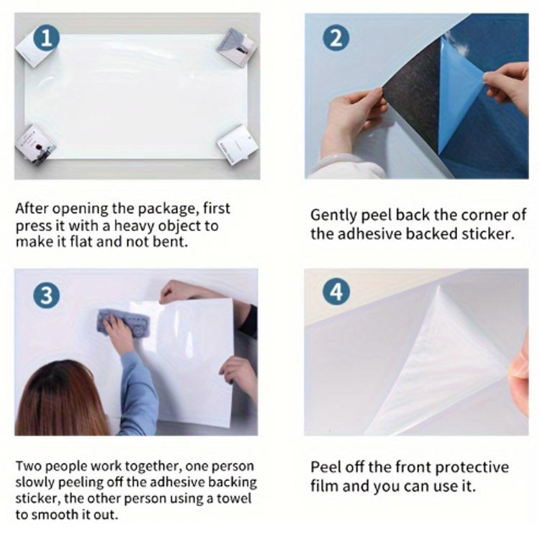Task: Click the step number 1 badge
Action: [x=47, y=38]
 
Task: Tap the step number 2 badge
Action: [x=336, y=38]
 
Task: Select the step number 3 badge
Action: [x=47, y=296]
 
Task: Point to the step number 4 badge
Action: [x=336, y=292]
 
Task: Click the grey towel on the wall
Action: [x=125, y=323]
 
